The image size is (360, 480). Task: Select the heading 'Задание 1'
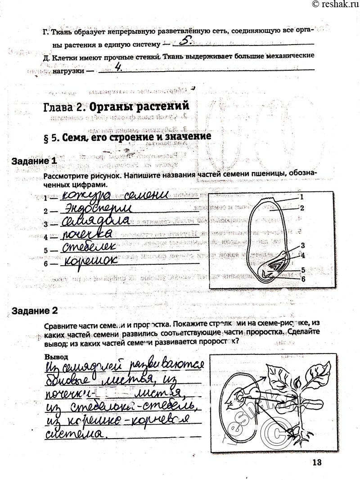[35, 161]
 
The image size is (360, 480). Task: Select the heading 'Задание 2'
[35, 311]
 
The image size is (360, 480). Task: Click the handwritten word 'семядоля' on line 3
[96, 222]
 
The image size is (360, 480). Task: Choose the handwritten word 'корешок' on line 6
[90, 261]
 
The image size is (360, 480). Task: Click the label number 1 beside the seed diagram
[302, 197]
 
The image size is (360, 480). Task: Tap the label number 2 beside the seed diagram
[302, 208]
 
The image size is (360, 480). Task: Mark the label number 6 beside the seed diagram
[303, 279]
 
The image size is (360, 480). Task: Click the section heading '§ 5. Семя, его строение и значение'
[128, 137]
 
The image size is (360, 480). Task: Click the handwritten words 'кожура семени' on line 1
[115, 195]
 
